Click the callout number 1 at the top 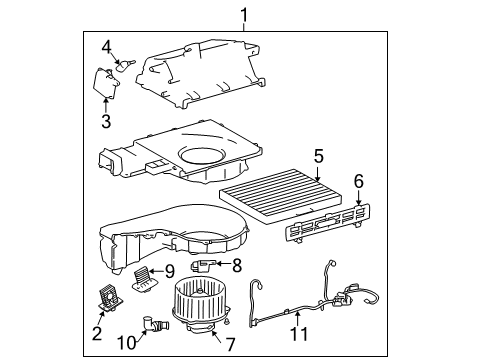point(244,15)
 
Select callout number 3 point(106,121)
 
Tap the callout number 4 point(106,47)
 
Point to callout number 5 point(318,156)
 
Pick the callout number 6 point(359,181)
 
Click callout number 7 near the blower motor point(231,344)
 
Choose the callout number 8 point(237,266)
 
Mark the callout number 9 point(170,272)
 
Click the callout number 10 point(127,342)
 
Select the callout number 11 point(299,334)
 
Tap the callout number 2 point(97,333)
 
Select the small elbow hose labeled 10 point(155,323)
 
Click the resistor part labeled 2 point(110,298)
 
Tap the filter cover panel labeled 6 point(328,223)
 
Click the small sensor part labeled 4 point(125,65)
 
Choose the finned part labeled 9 point(145,277)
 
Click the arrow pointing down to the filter point(318,174)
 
